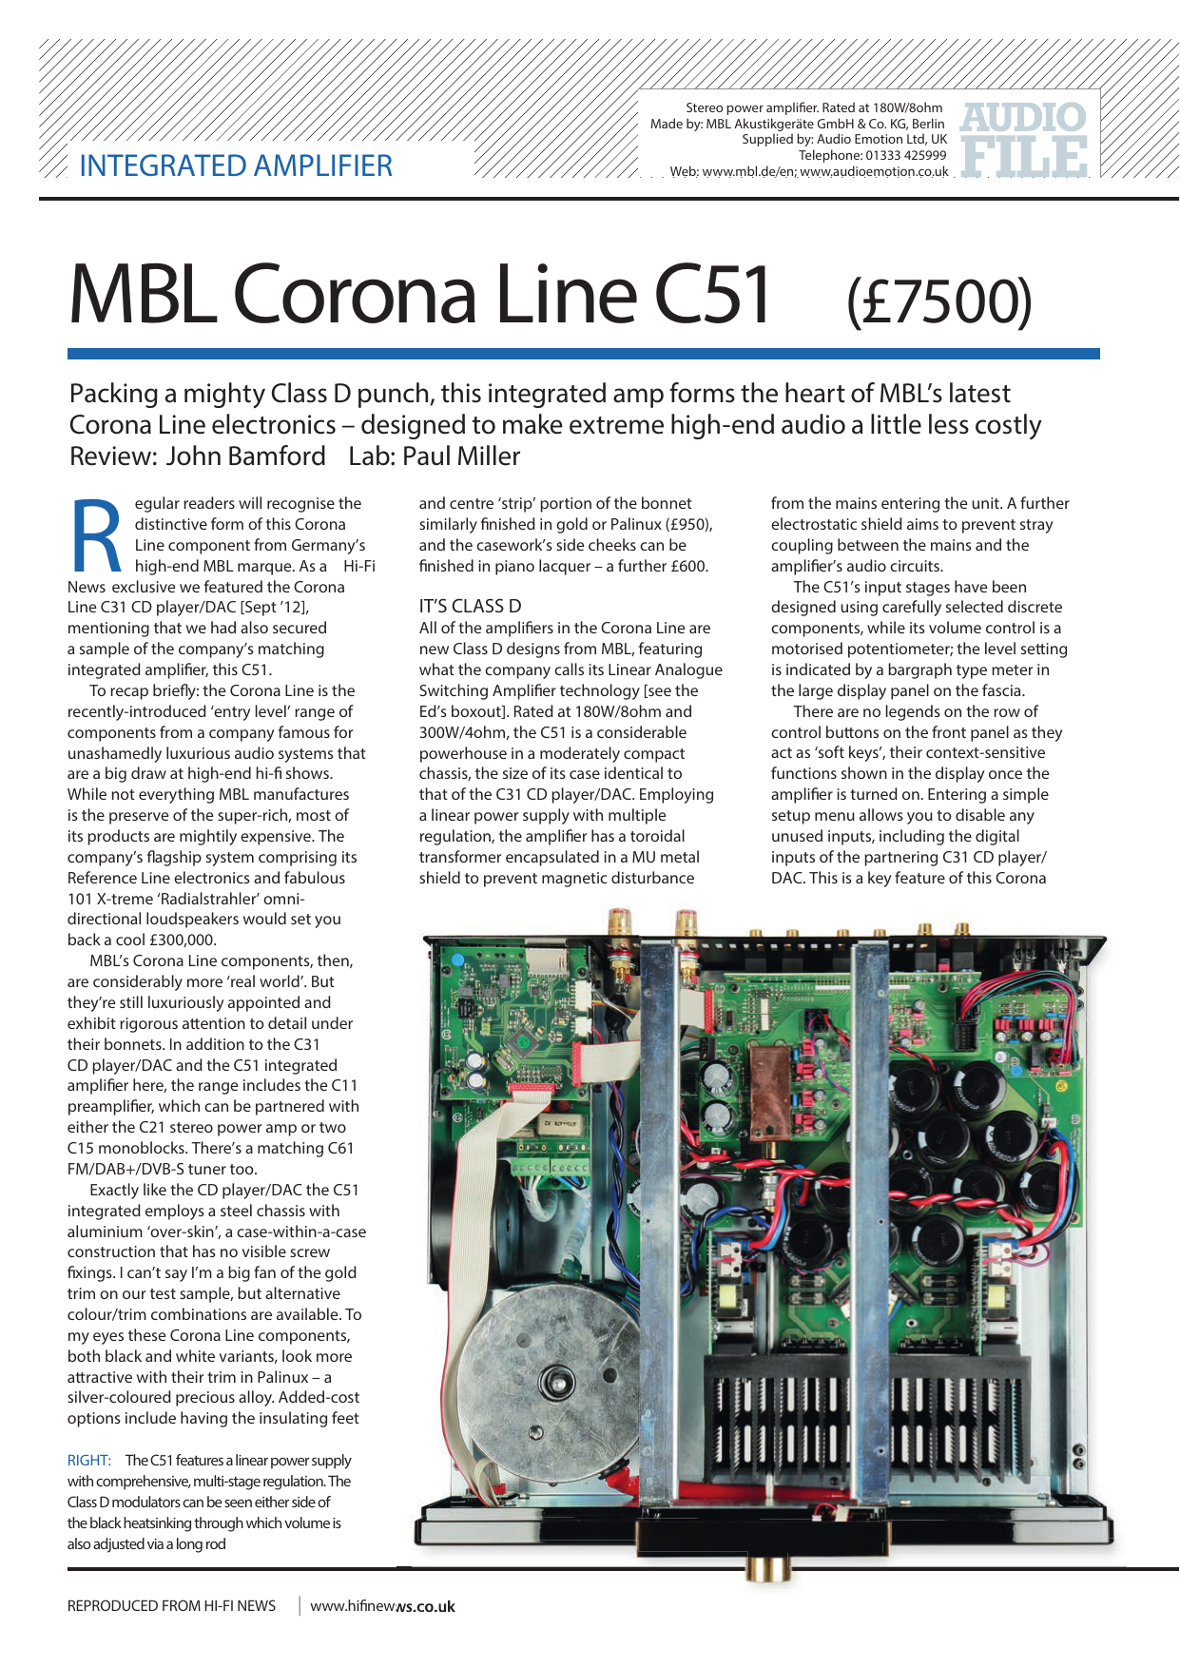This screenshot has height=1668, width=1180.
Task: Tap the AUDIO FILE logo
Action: pos(1024,140)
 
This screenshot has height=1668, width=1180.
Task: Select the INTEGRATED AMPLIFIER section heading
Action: pos(236,165)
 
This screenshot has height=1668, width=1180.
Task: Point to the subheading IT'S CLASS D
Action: pos(470,606)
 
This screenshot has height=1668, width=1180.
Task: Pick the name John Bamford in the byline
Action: pos(245,456)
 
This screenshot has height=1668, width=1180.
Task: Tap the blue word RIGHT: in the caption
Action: pos(89,1460)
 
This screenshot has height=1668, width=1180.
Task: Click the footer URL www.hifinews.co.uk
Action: pos(382,1606)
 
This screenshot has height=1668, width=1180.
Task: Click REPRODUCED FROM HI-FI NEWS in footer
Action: pos(171,1606)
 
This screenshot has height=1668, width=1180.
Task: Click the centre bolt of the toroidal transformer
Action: pos(555,1382)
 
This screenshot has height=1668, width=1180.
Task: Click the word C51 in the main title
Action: pos(711,295)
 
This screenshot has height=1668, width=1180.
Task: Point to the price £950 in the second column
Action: pos(688,525)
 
